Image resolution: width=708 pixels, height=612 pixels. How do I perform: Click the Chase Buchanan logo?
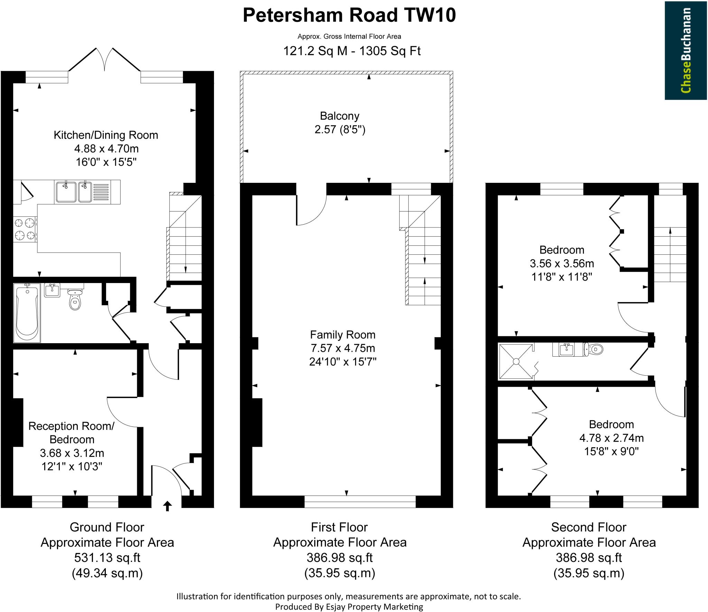(686, 50)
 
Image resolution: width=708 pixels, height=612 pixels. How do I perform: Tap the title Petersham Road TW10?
(349, 16)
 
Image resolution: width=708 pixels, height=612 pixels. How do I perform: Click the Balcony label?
(339, 116)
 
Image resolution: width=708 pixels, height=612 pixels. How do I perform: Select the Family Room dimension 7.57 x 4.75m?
(342, 348)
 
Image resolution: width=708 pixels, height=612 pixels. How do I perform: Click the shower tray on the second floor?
(516, 361)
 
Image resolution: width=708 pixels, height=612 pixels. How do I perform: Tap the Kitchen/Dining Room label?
(106, 135)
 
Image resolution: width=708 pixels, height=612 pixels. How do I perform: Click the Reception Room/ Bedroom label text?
(72, 433)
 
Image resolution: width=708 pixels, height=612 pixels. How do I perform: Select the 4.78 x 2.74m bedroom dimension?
(611, 438)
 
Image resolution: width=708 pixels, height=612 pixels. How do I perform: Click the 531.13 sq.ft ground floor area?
(107, 558)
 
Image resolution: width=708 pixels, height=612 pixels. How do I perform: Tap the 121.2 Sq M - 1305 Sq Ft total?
(352, 51)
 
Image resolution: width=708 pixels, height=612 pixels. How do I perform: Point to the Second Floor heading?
(588, 527)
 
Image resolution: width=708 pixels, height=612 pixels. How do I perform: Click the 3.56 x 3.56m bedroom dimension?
(562, 264)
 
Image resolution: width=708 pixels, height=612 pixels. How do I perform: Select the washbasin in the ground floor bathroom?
(52, 290)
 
